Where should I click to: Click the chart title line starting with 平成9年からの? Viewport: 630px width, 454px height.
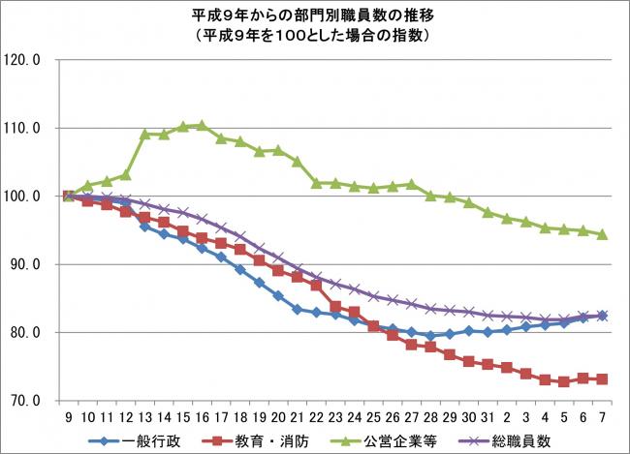[x=315, y=16]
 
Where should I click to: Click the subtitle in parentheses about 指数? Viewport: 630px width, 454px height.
[x=315, y=35]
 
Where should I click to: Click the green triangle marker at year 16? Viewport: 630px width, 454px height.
[x=202, y=125]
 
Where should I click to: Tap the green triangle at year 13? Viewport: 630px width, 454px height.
[x=144, y=135]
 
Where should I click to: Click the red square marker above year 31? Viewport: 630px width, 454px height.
[x=488, y=365]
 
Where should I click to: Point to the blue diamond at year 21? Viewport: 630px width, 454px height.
[x=297, y=310]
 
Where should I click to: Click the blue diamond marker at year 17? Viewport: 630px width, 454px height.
[x=221, y=257]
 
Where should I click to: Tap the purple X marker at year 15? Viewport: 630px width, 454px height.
[x=182, y=211]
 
